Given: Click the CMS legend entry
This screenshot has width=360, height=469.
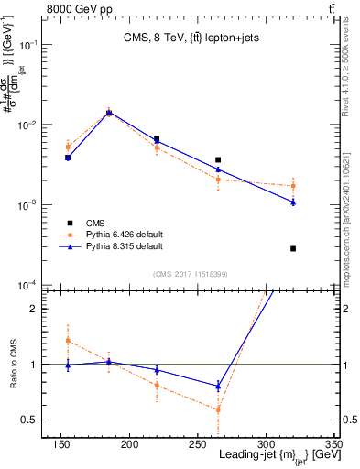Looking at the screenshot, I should [94, 223].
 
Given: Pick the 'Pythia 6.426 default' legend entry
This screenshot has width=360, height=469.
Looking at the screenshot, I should [124, 234].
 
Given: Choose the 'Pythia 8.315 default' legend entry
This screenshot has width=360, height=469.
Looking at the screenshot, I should [124, 246].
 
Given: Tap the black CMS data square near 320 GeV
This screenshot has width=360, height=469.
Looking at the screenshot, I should [293, 248].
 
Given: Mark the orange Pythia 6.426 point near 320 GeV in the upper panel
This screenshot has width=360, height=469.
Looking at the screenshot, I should [293, 186].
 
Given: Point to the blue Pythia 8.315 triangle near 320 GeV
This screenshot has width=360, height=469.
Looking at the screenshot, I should [293, 202].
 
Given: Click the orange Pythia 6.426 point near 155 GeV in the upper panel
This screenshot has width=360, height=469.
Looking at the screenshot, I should [68, 147].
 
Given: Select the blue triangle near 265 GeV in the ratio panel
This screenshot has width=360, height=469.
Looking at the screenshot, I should [218, 386].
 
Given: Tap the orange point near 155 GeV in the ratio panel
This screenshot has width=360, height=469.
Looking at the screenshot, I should [68, 341].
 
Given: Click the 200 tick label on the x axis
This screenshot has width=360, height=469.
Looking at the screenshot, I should [129, 443].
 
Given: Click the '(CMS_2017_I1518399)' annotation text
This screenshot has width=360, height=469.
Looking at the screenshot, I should [191, 274].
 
